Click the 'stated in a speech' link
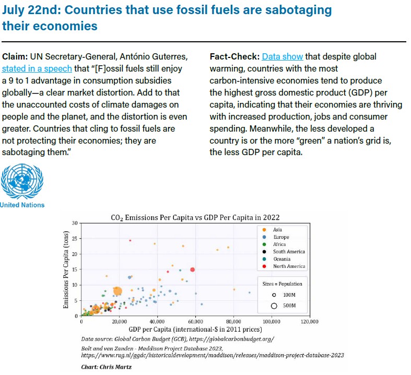coord(37,68)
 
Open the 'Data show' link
coord(283,56)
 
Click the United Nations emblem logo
coord(22,181)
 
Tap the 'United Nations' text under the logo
coord(22,205)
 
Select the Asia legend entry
coord(273,230)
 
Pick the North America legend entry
coord(284,266)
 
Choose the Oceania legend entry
coord(277,259)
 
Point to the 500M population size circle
coord(274,306)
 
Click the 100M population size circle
coord(274,295)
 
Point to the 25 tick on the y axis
coord(75,239)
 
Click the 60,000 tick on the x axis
coord(195,322)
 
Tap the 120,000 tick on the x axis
coord(310,322)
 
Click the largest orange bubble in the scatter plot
coord(118,291)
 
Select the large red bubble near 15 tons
coord(192,269)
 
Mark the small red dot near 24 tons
coord(130,240)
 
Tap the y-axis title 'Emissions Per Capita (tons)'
coord(66,269)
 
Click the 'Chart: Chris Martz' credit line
coord(107,367)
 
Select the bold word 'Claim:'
coord(15,56)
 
